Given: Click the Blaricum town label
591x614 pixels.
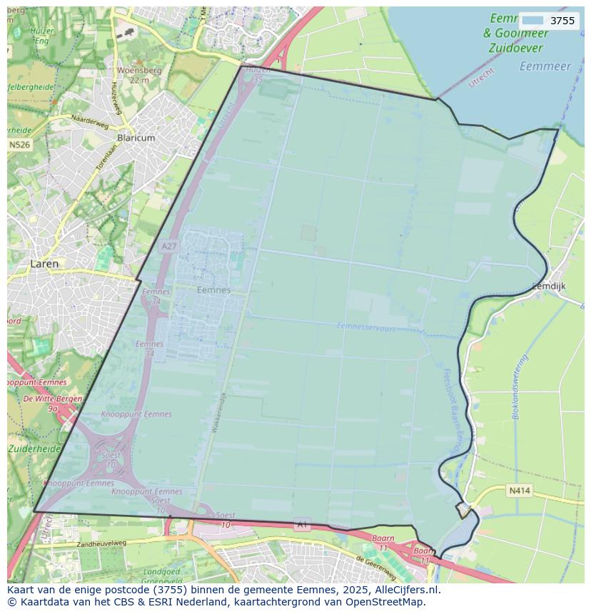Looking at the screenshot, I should point(136,138).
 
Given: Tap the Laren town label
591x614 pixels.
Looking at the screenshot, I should point(44,263).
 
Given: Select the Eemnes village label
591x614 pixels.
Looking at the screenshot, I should point(213,290).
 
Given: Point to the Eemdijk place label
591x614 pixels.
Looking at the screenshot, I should point(549,286).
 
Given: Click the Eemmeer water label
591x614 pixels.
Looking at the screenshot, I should point(545,66).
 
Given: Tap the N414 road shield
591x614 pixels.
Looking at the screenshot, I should point(519,491).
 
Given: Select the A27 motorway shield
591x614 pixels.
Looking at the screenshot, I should point(168,247).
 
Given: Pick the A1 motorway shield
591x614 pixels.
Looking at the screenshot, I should point(302,525).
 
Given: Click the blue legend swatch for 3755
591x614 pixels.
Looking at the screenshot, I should point(532,21).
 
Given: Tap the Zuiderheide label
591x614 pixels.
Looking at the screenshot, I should point(35,449).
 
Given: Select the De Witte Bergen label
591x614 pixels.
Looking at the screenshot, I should point(53,399).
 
